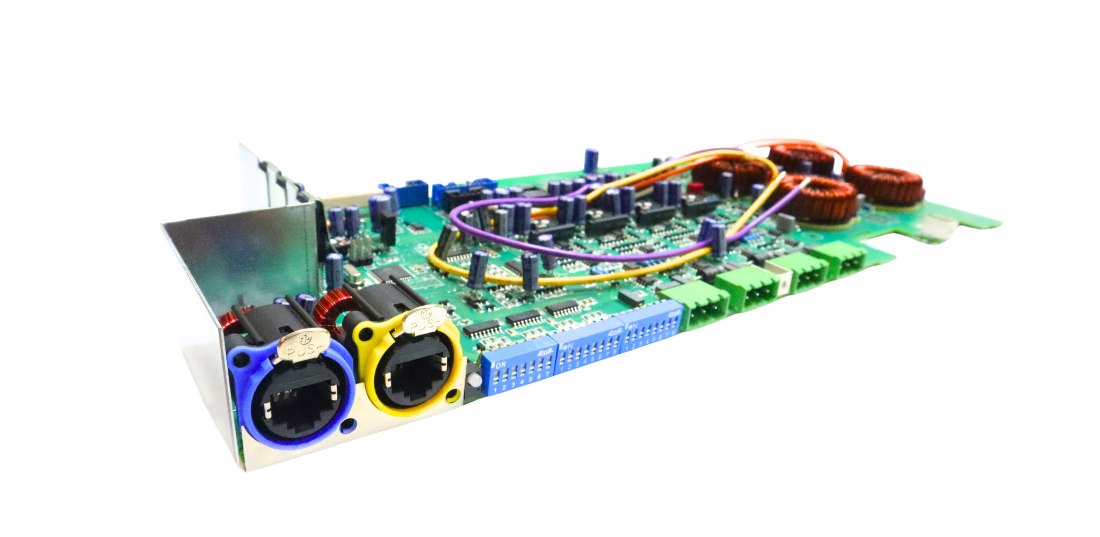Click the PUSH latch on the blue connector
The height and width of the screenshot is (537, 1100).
(x=303, y=344)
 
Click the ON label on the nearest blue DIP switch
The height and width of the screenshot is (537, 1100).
(x=501, y=364)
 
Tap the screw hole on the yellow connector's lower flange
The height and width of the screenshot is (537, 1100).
(x=453, y=396)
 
